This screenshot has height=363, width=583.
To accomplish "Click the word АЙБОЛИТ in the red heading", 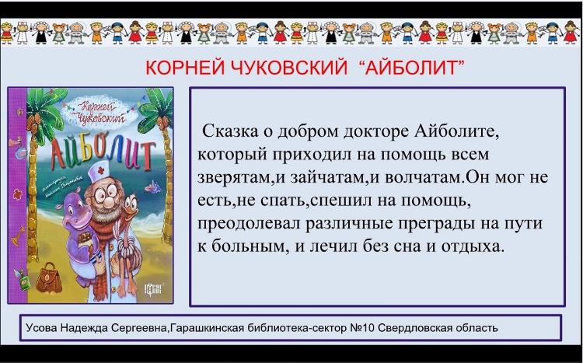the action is click(413, 68).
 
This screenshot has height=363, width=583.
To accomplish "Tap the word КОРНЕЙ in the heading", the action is click(180, 68).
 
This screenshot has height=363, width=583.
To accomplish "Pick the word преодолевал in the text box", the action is click(249, 224).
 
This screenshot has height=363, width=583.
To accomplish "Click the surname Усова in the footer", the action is click(42, 328).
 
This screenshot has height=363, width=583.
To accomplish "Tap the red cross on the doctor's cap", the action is click(100, 171).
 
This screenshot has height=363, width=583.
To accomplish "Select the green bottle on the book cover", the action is click(23, 279).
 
